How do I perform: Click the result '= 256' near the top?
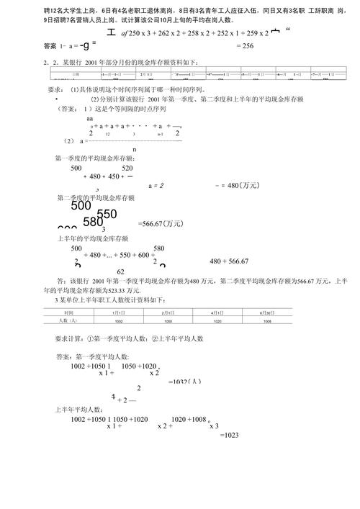pyautogui.click(x=245, y=45)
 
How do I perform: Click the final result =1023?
pyautogui.click(x=228, y=436)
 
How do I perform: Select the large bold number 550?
pyautogui.click(x=106, y=214)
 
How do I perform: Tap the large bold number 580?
pyautogui.click(x=94, y=222)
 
